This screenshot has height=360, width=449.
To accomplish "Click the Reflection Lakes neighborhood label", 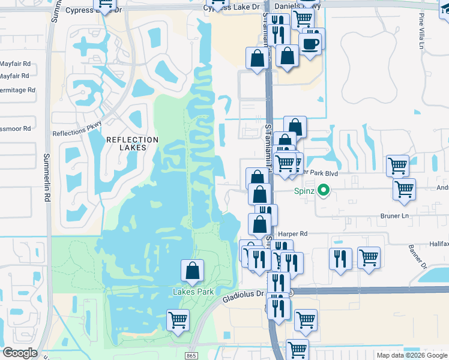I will pyautogui.click(x=132, y=143).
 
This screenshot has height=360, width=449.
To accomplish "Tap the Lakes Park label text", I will pyautogui.click(x=193, y=292).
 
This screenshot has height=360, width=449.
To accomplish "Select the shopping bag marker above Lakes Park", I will pyautogui.click(x=192, y=271).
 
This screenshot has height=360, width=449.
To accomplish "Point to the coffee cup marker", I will pyautogui.click(x=310, y=44).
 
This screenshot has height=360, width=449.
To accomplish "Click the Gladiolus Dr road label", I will pyautogui.click(x=243, y=296).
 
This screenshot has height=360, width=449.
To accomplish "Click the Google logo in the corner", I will pyautogui.click(x=20, y=353).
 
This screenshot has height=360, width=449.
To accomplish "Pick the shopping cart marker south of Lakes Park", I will pyautogui.click(x=178, y=320).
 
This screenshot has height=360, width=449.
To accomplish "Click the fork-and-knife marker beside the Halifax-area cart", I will pyautogui.click(x=340, y=259).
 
